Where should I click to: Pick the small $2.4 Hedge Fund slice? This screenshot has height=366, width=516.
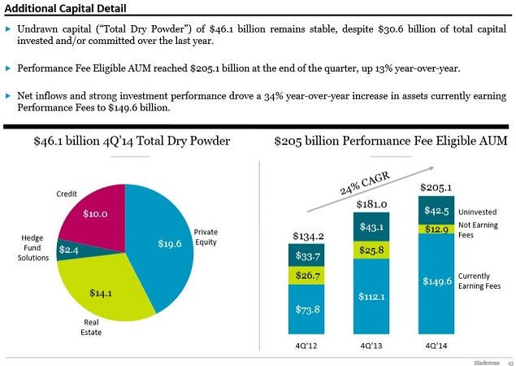[68, 251]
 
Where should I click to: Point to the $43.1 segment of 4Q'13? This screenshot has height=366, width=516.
[371, 225]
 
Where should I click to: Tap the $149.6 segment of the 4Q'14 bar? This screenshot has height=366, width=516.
[437, 282]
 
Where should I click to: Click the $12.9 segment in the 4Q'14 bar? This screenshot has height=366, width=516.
[437, 229]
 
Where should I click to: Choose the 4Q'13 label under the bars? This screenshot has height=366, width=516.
[371, 346]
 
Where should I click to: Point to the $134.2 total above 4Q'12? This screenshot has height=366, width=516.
[308, 236]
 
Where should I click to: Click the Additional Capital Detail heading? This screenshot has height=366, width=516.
[64, 8]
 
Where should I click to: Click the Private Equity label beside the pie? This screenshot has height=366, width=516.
[206, 237]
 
